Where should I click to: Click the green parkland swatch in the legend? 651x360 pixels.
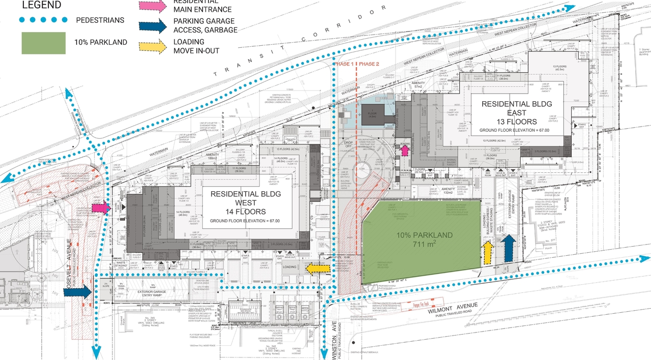click(44, 43)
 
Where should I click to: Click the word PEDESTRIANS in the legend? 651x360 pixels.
click(101, 20)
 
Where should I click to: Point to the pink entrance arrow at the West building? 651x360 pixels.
click(100, 207)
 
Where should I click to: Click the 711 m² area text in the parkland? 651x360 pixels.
click(425, 245)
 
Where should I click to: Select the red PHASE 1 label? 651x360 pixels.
click(344, 64)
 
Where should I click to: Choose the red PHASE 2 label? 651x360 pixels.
click(370, 64)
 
